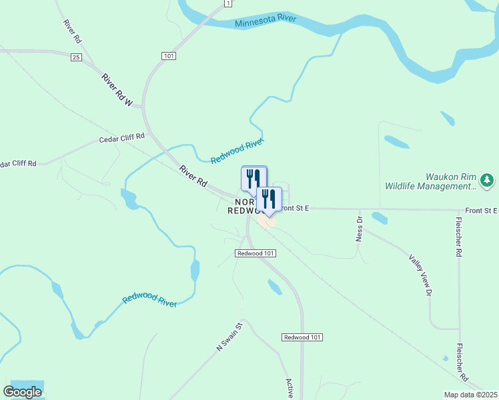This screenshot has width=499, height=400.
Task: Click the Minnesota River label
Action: [x=266, y=21]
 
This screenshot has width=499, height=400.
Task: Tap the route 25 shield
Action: [x=76, y=58]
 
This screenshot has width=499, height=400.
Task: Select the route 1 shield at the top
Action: [x=228, y=4]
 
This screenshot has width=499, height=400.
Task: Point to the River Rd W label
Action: [x=118, y=90]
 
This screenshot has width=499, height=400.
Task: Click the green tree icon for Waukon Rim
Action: [x=488, y=180]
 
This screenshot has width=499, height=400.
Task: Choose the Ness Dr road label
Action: [x=359, y=228]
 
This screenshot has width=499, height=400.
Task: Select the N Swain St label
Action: [x=227, y=336]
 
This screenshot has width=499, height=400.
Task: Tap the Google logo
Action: [x=22, y=392]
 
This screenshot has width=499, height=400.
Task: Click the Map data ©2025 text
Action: [x=470, y=395]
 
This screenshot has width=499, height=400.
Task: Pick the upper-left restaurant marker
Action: [x=253, y=178]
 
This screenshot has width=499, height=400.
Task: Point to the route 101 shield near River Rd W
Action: [x=168, y=56]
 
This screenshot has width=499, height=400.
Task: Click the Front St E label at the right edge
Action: [x=482, y=211]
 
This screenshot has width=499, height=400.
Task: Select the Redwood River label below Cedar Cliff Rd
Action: [x=237, y=151]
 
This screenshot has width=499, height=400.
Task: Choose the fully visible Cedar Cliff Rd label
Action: [x=121, y=139]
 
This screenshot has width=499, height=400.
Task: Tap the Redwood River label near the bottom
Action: [x=150, y=300]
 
